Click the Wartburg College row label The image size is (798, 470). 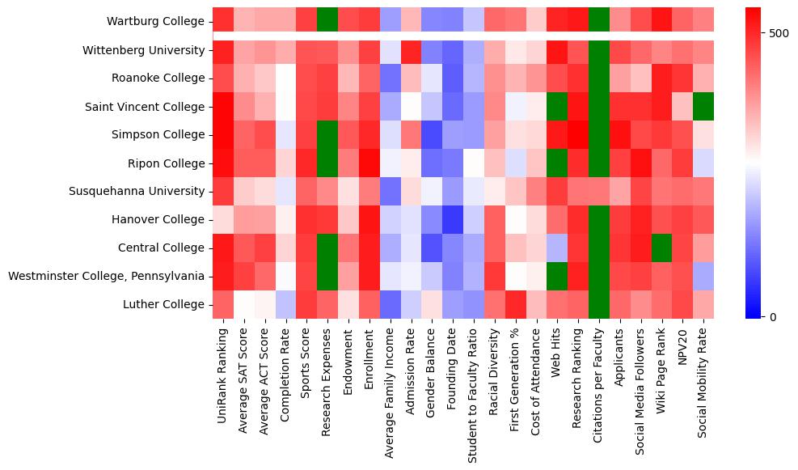(x=155, y=21)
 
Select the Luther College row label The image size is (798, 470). (x=167, y=304)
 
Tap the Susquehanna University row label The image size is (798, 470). (x=141, y=191)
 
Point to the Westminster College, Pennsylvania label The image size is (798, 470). (x=106, y=276)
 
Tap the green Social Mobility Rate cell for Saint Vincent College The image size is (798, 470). (x=703, y=106)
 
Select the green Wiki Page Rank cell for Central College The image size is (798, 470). (x=662, y=248)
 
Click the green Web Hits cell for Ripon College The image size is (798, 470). (x=557, y=163)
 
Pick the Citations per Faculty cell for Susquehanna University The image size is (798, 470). (x=599, y=191)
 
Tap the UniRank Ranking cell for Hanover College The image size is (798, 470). (x=223, y=219)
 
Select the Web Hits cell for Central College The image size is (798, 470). (x=557, y=248)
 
